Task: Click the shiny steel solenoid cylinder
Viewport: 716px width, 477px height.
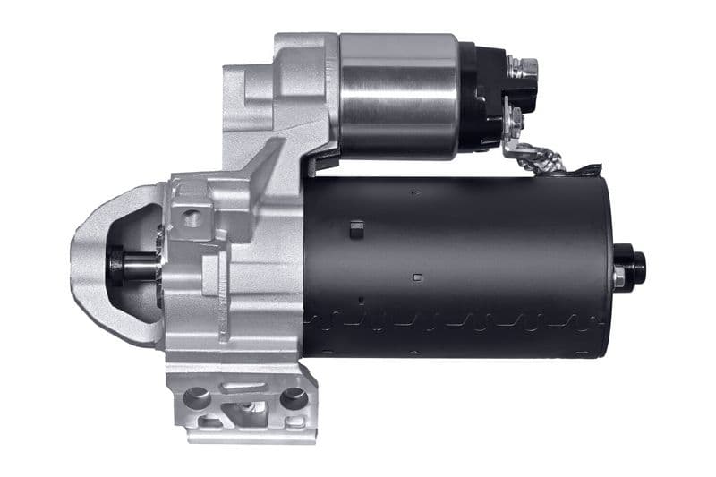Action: pos(398,94)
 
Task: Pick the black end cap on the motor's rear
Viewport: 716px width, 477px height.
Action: pos(635,266)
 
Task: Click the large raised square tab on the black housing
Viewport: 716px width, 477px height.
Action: pos(357,229)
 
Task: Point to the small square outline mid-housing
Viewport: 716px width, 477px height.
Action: pos(417,277)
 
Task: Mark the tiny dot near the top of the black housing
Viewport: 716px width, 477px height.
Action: pos(413,191)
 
